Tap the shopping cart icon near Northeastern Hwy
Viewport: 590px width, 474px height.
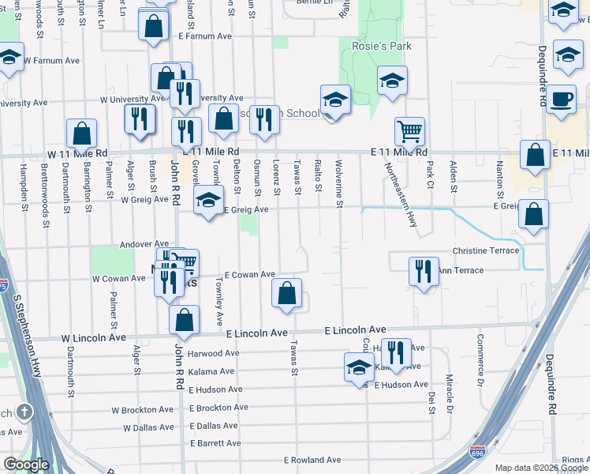coord(409,131)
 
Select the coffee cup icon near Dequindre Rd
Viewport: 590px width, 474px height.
coord(561,100)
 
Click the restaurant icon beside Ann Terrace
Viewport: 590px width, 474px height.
coord(424,271)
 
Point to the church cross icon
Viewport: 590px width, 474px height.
coord(24,412)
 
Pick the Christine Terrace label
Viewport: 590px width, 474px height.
coord(486,250)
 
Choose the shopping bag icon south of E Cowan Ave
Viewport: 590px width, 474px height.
coord(287,293)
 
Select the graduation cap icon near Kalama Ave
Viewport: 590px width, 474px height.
coord(359,367)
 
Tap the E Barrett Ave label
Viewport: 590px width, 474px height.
coord(215,443)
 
